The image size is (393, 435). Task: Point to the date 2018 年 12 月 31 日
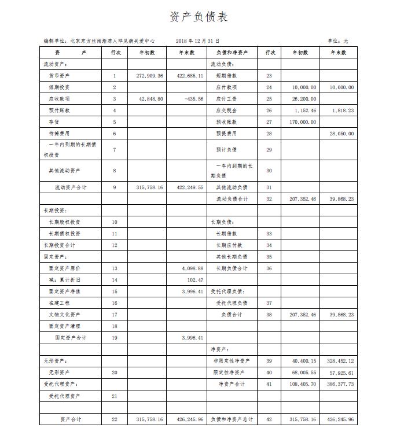click(196, 41)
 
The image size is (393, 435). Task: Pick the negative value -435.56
click(193, 99)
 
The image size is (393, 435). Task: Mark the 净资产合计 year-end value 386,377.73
click(340, 384)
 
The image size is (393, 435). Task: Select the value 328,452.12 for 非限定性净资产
click(340, 361)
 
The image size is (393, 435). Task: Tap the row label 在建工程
click(59, 303)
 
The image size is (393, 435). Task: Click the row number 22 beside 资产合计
click(115, 419)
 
